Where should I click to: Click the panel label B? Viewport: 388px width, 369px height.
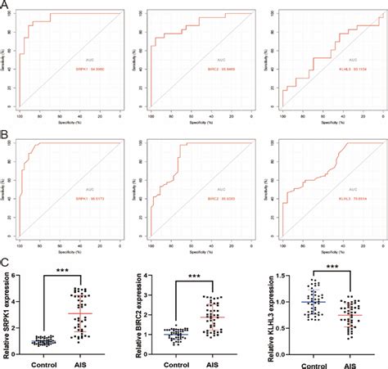tap(6, 129)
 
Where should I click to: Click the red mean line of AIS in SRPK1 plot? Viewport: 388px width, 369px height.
tap(79, 313)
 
